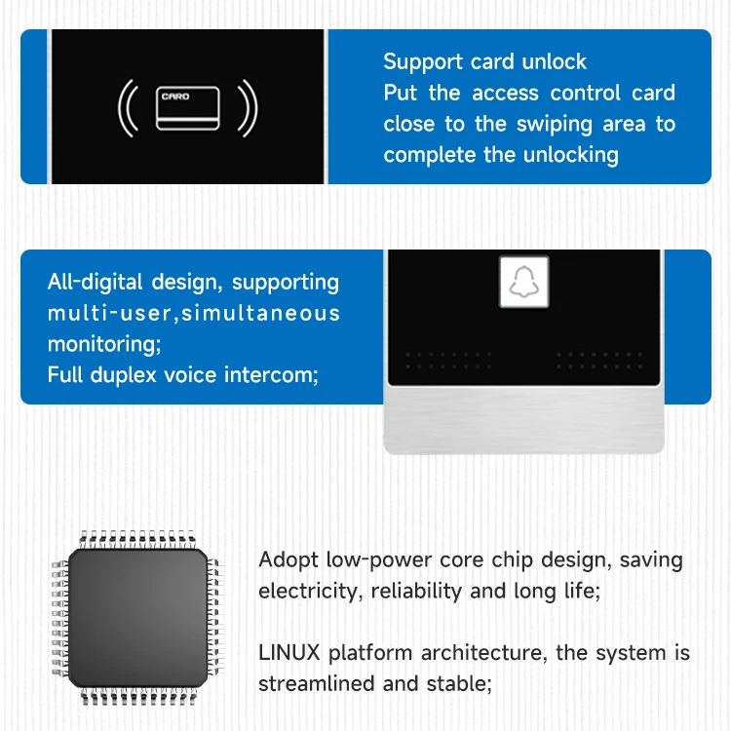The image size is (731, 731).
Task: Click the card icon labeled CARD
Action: (x=187, y=107)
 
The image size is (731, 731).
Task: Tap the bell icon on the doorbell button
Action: (x=523, y=283)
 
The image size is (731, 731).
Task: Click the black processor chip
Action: (x=137, y=617)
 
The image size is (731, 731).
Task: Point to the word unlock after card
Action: (x=555, y=61)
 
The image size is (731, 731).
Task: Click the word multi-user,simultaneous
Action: (x=194, y=313)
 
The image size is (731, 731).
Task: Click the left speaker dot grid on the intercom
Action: (x=449, y=361)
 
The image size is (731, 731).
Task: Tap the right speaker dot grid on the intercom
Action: (x=599, y=361)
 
